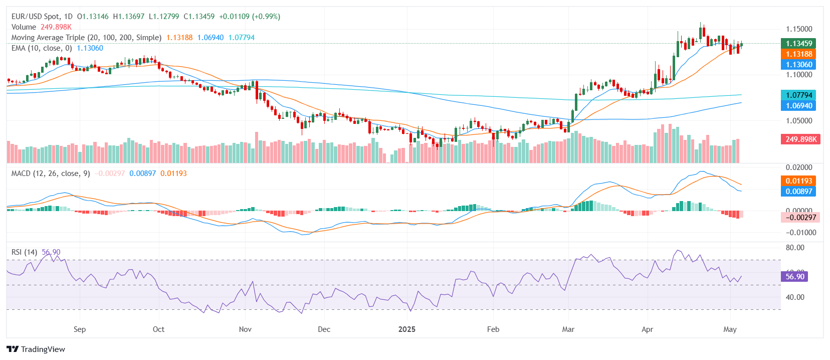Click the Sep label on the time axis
(80, 329)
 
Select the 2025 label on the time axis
(407, 329)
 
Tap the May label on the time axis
(730, 329)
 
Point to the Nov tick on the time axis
(245, 329)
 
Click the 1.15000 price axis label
(799, 29)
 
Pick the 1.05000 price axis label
(799, 121)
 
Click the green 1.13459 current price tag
(799, 44)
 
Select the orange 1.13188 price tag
(799, 54)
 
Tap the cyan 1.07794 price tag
(799, 95)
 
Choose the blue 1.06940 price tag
(799, 106)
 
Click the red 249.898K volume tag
(800, 139)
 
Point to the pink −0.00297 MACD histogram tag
(800, 218)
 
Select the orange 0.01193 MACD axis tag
(799, 181)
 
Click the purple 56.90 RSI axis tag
(794, 277)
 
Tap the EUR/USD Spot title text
(35, 17)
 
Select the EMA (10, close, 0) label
(42, 48)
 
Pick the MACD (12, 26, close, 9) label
(51, 173)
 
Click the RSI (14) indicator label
(24, 252)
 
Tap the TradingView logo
(36, 349)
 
